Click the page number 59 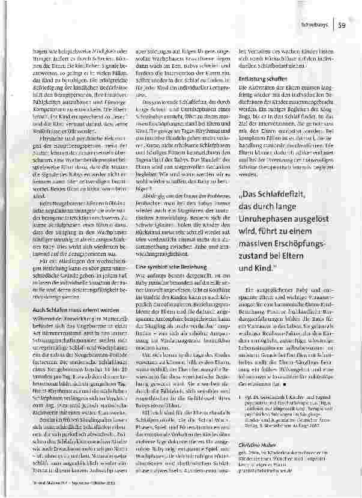point(341,25)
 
